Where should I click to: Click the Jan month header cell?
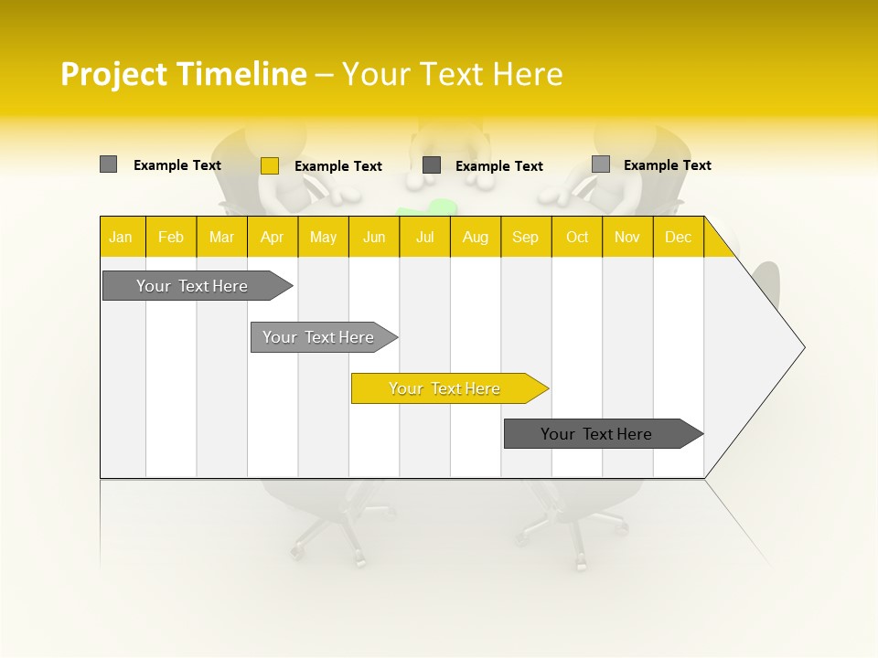[x=121, y=237]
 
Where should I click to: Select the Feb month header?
[x=171, y=237]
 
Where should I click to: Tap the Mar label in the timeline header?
[x=221, y=237]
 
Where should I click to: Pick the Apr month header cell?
[x=273, y=237]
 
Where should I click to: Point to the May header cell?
[x=323, y=237]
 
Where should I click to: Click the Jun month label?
[x=374, y=237]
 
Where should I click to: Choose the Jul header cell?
[x=424, y=237]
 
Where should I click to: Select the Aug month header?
[x=476, y=237]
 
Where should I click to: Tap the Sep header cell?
[x=526, y=237]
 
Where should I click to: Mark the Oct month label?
[x=577, y=237]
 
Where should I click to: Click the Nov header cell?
[x=627, y=237]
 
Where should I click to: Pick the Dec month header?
[x=679, y=237]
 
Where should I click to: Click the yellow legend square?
[x=269, y=165]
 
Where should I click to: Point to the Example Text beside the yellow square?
[x=338, y=166]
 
